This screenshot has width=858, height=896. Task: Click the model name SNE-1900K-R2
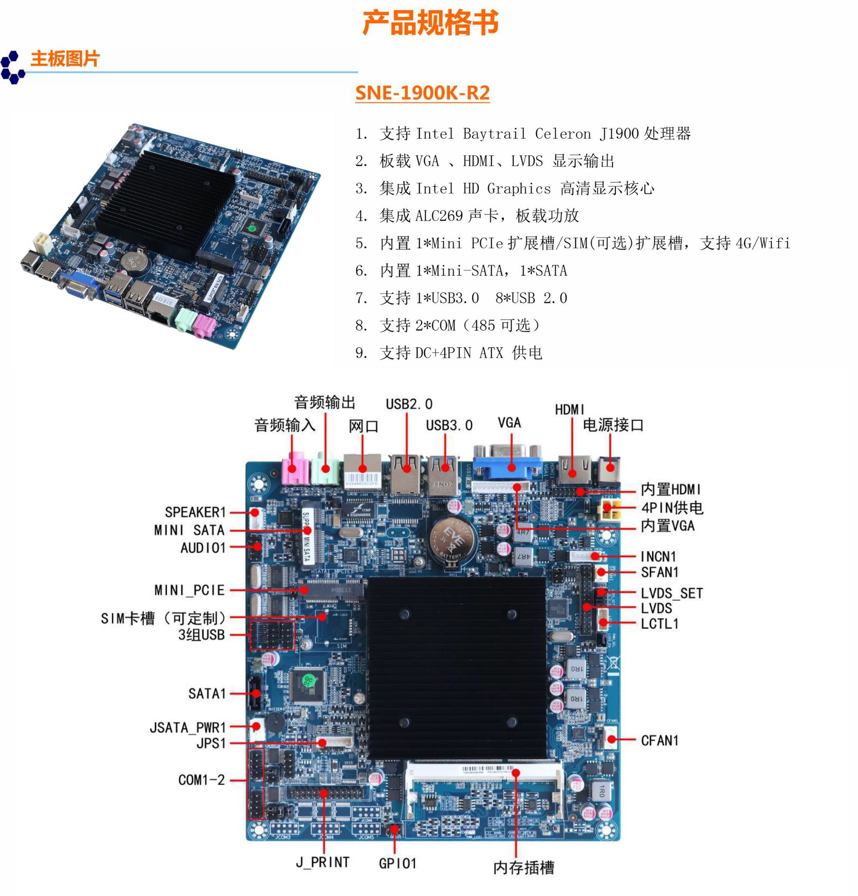pos(422,92)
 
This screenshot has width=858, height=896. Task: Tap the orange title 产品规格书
pos(430,22)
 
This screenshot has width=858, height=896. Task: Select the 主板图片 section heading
pos(65,59)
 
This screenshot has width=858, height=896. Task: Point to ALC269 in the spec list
pos(439,216)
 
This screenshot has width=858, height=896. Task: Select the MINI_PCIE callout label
pos(189,590)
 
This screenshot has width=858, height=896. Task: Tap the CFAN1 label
pos(659,741)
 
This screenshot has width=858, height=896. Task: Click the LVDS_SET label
pos(671,594)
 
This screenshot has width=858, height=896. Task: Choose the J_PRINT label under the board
pos(323,862)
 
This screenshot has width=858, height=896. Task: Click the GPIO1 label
pos(397,863)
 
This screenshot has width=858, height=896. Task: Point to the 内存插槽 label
pos(523,868)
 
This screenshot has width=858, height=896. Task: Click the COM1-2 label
pos(201,780)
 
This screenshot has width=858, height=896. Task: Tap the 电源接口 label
pos(613,425)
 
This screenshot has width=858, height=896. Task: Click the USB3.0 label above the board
pos(449,426)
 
